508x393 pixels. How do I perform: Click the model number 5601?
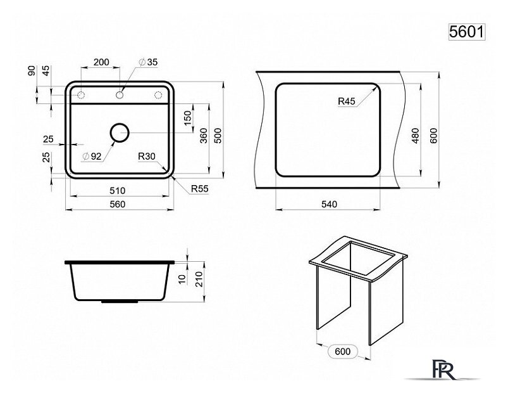466,32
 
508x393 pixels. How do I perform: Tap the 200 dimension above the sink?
101,62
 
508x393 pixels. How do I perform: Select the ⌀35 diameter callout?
148,62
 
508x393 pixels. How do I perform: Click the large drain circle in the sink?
120,132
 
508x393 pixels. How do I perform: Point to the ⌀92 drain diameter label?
92,157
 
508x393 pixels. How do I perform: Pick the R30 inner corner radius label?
147,157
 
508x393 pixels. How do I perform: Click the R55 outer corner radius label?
199,188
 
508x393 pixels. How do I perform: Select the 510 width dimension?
117,191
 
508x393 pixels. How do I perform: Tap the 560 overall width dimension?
117,204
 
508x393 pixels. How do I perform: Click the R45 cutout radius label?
347,101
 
